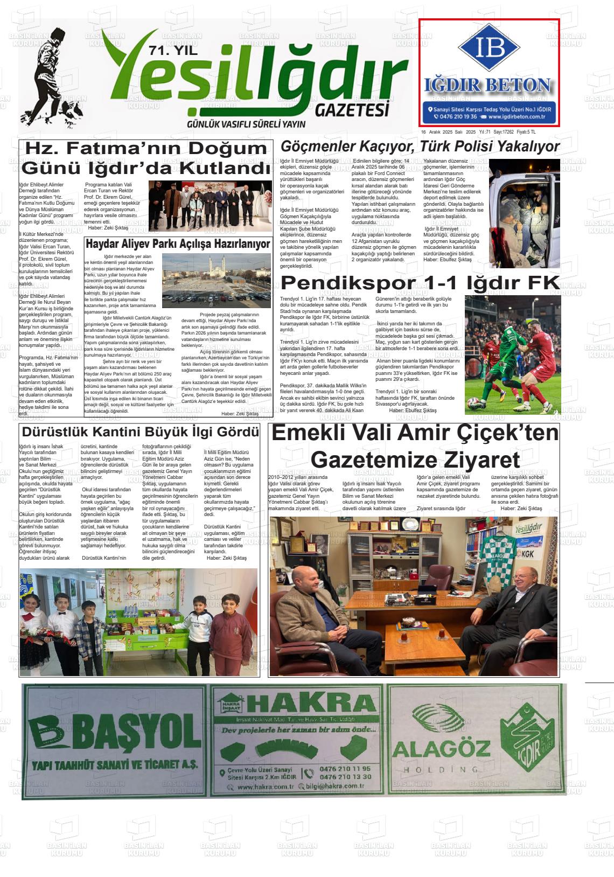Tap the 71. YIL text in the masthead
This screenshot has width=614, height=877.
[x=173, y=52]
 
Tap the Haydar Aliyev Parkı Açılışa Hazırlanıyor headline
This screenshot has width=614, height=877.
[x=178, y=244]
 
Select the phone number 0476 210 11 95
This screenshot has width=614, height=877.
[x=345, y=769]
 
